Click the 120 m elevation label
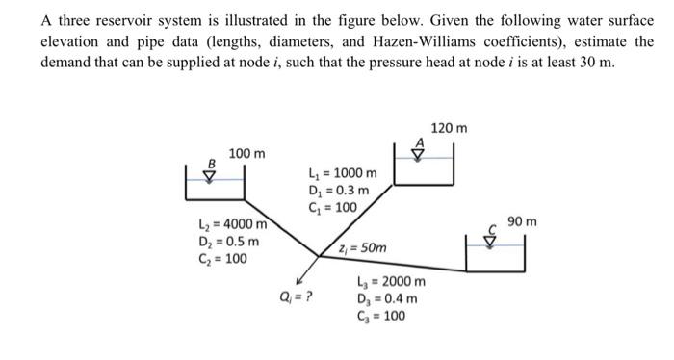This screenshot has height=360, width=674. tap(449, 129)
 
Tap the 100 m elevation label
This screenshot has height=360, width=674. tap(247, 154)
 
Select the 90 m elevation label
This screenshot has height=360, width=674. tap(523, 223)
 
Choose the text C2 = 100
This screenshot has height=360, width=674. tap(220, 258)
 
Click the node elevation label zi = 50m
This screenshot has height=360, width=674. tap(363, 248)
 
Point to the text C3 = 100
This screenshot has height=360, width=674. tap(382, 316)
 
